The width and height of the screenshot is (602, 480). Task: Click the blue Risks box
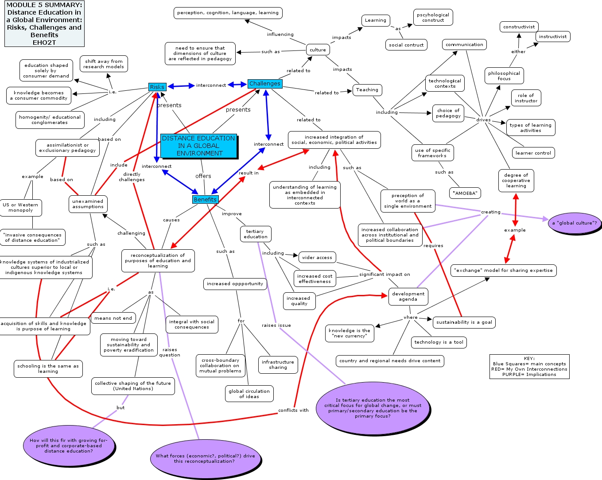(x=157, y=87)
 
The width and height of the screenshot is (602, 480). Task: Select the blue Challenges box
(x=265, y=84)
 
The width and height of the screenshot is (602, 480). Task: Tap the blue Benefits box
(x=205, y=199)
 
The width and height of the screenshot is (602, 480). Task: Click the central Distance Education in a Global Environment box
(x=198, y=146)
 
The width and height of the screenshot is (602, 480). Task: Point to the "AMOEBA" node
(x=465, y=193)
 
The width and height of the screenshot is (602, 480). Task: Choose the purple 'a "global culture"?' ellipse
(x=575, y=223)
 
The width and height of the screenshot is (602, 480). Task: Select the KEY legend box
(x=529, y=366)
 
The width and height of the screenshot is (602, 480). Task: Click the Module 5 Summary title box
(x=44, y=23)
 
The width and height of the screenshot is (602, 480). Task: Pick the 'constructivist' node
(x=519, y=27)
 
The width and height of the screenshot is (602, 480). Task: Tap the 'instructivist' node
(x=552, y=36)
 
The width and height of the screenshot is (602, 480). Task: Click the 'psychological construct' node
(x=433, y=18)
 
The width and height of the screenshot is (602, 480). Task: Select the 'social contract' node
(x=406, y=45)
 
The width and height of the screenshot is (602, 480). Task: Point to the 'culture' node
(x=318, y=50)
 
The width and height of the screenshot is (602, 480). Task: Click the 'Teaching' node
(x=367, y=90)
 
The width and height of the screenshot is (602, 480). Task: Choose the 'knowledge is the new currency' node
(x=350, y=333)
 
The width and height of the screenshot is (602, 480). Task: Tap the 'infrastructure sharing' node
(x=278, y=364)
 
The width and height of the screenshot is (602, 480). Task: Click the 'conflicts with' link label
(x=293, y=410)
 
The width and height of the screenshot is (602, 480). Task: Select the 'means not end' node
(x=113, y=318)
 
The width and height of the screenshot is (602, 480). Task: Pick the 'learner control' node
(x=533, y=153)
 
